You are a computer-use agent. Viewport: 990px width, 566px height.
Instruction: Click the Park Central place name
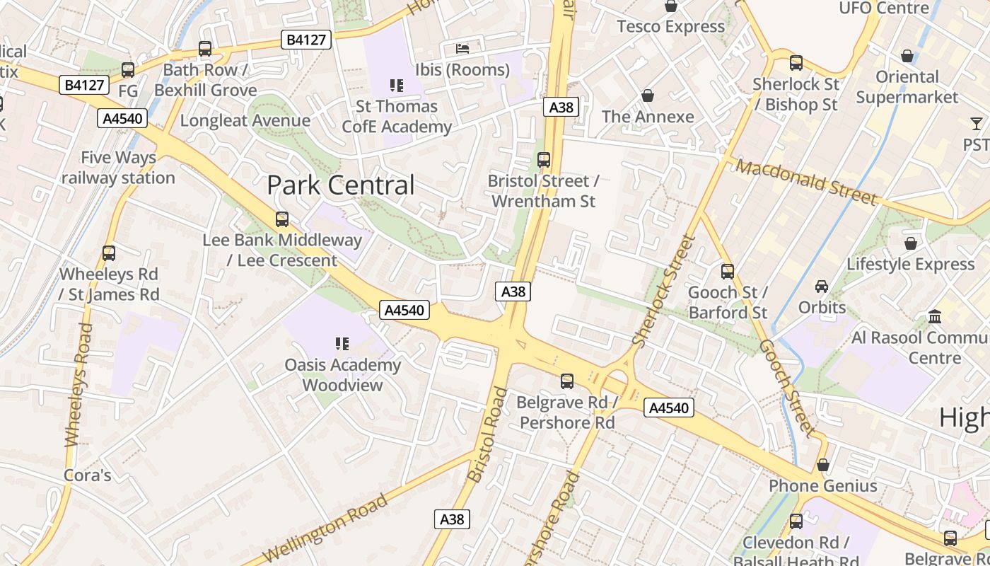point(340,185)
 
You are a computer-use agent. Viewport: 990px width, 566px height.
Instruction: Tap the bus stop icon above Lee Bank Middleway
point(282,219)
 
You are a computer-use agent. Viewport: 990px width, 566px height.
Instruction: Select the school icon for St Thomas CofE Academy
point(397,86)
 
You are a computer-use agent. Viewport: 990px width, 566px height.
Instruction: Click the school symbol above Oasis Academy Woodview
point(342,344)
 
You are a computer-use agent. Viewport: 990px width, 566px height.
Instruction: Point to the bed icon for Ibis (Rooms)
point(462,49)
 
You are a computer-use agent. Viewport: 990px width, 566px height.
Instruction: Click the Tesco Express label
point(670,27)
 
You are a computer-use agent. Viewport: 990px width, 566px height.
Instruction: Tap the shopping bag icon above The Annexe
point(647,96)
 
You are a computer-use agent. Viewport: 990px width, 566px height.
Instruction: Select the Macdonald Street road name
point(806,181)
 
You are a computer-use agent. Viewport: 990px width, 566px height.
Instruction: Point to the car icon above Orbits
point(822,287)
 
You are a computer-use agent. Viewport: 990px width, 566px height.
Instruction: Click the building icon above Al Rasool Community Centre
point(935,316)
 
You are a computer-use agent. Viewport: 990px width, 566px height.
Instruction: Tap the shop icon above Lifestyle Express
point(911,243)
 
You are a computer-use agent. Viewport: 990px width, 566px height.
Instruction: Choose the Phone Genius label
point(822,486)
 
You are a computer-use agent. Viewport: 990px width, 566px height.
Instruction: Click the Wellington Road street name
point(325,528)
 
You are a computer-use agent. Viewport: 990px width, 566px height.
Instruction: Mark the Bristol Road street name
point(488,434)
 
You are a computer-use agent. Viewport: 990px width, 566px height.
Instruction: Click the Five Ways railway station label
point(118,168)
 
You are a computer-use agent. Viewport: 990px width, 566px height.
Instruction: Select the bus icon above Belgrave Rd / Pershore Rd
point(566,381)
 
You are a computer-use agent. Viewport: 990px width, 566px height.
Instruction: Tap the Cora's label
point(88,475)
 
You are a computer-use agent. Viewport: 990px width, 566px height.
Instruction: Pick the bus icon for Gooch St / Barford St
point(728,272)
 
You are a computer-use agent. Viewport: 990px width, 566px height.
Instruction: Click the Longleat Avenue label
point(245,120)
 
